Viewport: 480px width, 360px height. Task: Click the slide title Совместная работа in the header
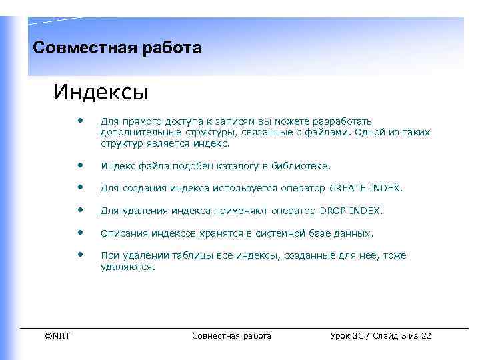pyautogui.click(x=117, y=48)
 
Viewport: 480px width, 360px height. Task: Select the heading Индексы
pyautogui.click(x=101, y=91)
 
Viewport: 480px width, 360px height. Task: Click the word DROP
pyautogui.click(x=333, y=211)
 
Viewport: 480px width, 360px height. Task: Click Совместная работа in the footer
pyautogui.click(x=231, y=335)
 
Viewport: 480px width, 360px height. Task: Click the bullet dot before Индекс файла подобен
pyautogui.click(x=80, y=164)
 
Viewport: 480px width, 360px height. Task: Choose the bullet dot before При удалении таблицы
pyautogui.click(x=80, y=254)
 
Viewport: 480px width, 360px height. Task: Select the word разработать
pyautogui.click(x=343, y=121)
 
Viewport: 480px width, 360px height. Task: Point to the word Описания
pyautogui.click(x=122, y=234)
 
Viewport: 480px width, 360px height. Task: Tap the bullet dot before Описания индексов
pyautogui.click(x=80, y=232)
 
